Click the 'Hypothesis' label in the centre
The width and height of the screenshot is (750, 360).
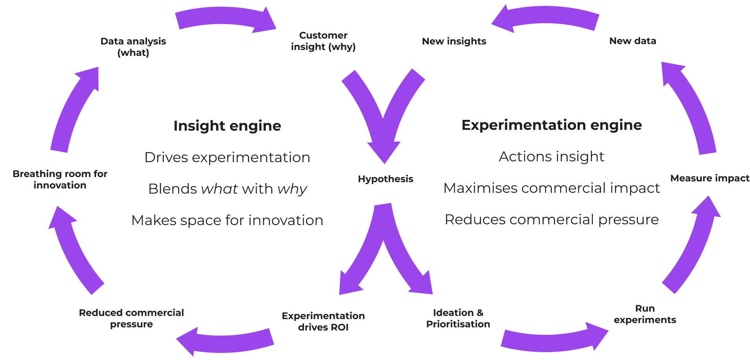coord(385,179)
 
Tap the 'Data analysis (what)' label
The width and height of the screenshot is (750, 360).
coord(133,47)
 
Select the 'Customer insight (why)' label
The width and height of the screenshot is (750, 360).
coord(323,41)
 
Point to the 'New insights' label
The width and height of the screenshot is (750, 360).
coord(454,41)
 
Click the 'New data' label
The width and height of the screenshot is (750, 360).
coord(632,41)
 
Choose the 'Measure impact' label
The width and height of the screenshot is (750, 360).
coord(709,178)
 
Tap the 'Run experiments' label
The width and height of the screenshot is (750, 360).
coord(644,314)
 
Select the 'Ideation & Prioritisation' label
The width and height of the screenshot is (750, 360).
coord(458,318)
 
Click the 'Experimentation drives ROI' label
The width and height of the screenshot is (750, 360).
coord(323,321)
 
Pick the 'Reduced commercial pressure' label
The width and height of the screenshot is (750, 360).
coord(131,318)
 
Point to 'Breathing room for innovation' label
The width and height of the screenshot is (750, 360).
coord(60,179)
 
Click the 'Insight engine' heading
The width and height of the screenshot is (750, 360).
coord(227,126)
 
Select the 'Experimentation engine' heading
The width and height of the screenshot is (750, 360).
coord(551,125)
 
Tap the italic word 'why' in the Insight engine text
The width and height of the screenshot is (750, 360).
coord(292,189)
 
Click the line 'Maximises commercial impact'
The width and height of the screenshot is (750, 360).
coord(551,188)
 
